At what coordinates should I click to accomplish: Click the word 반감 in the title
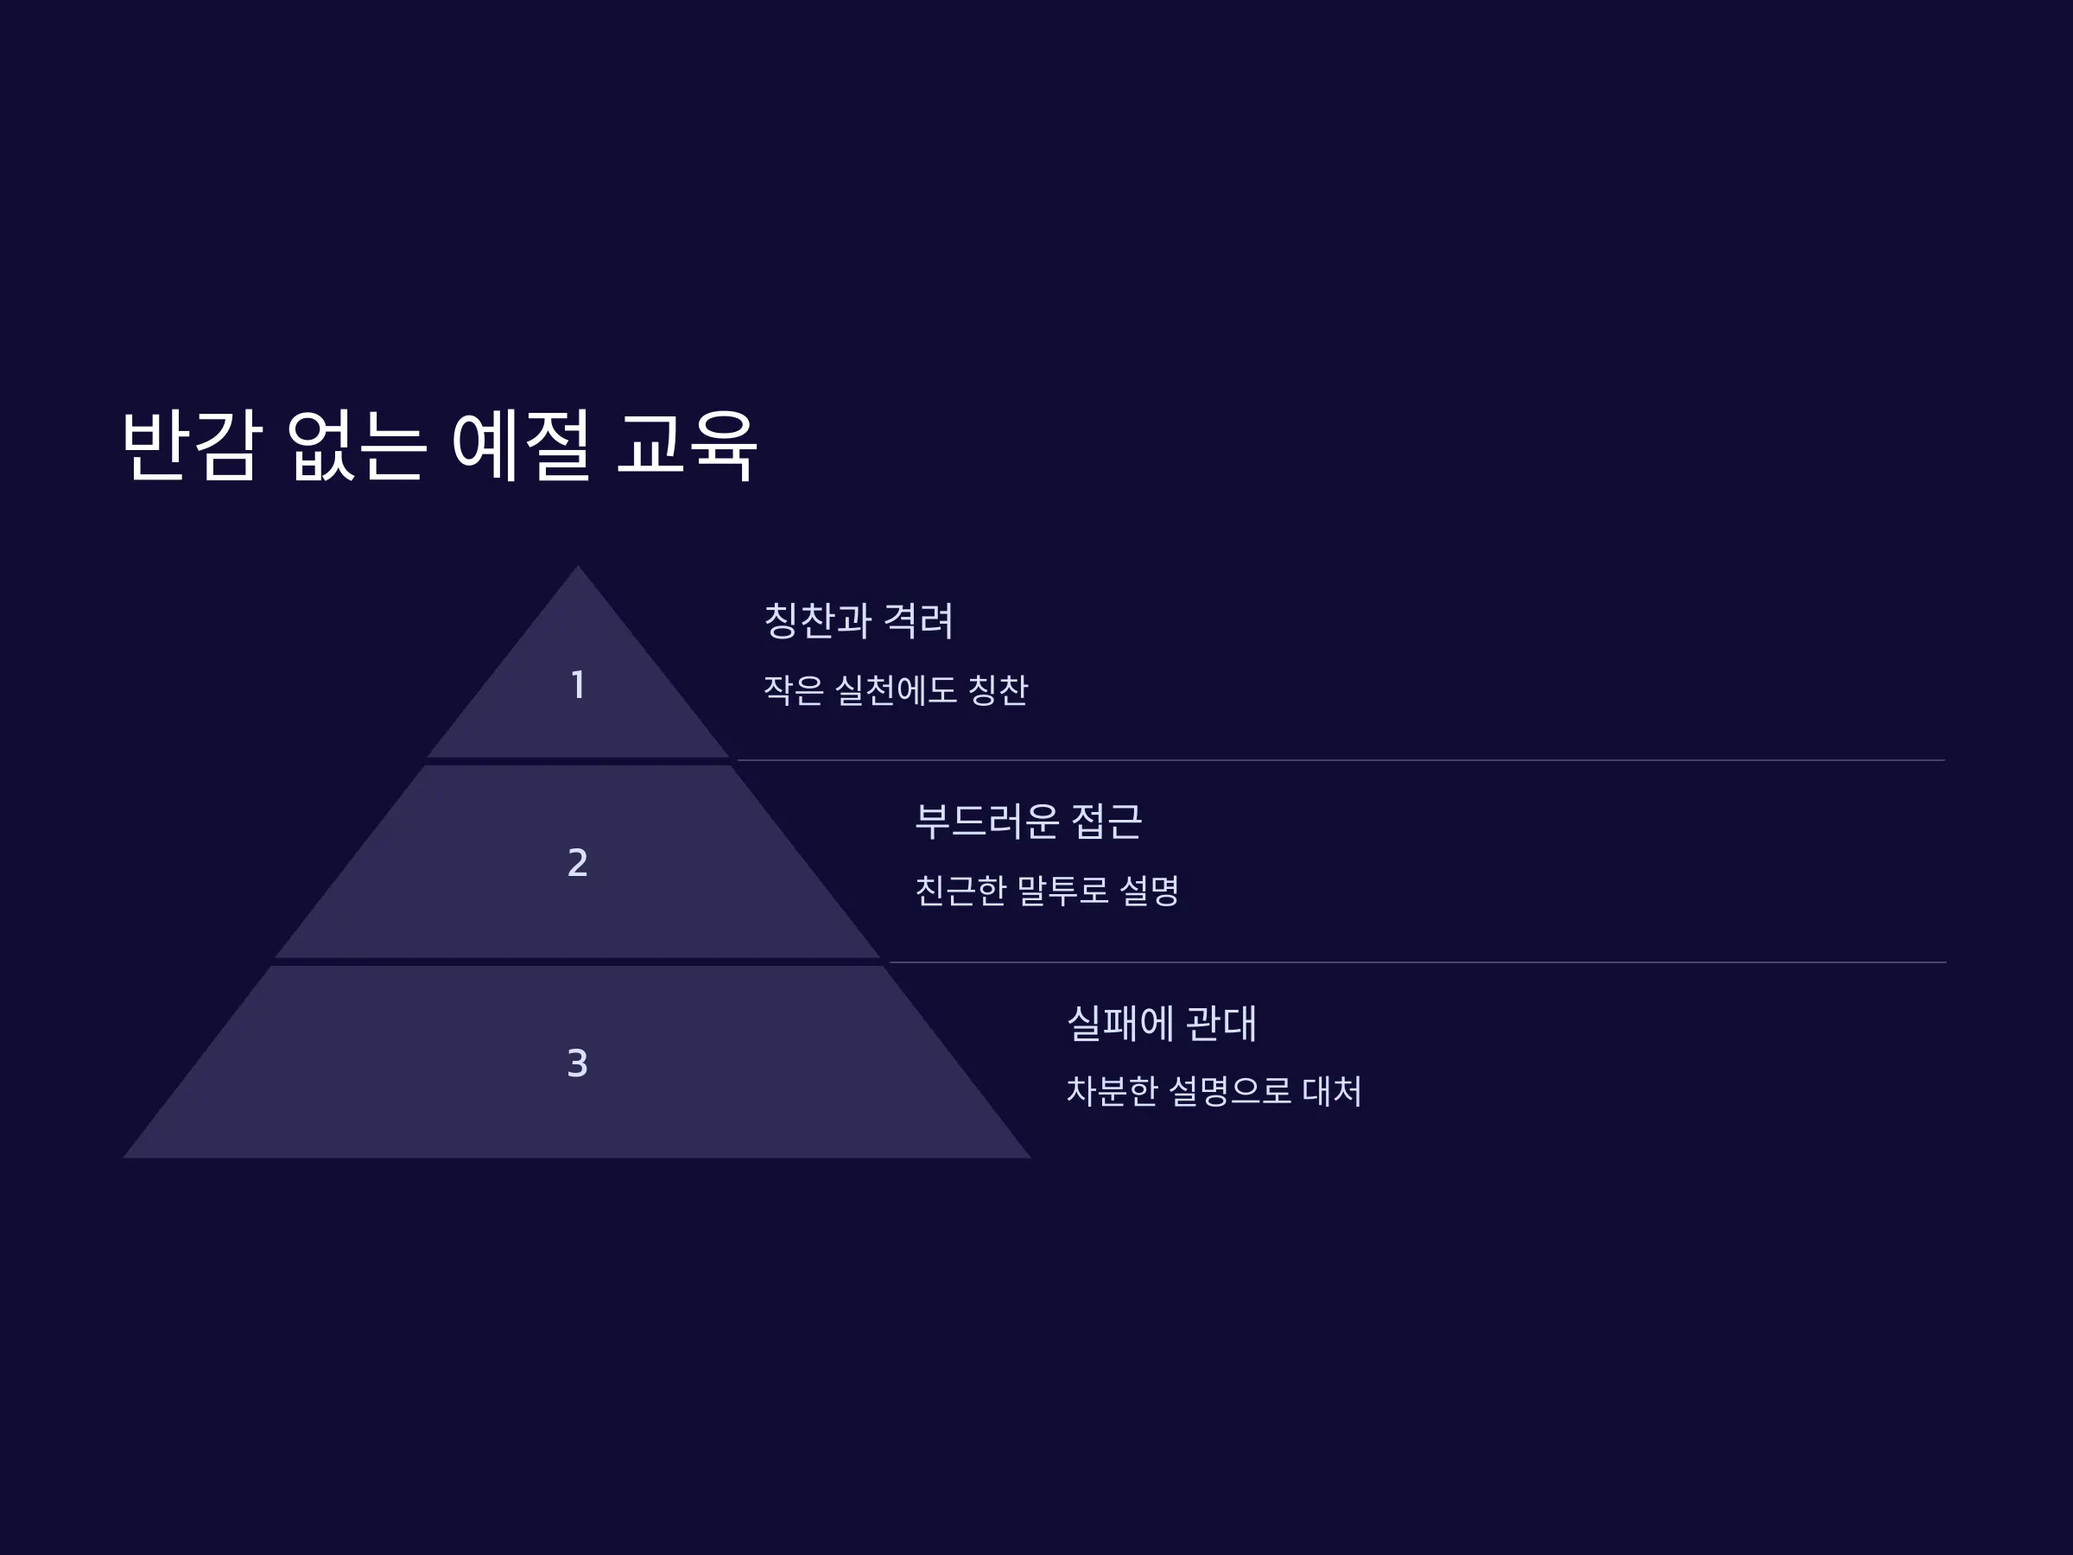click(x=189, y=445)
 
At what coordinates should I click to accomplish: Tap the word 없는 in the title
click(x=357, y=445)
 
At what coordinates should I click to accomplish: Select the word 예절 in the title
click(x=521, y=445)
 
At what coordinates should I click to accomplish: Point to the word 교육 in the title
click(x=687, y=445)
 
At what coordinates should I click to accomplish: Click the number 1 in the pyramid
click(x=578, y=685)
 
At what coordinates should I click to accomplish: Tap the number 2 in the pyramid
click(x=578, y=862)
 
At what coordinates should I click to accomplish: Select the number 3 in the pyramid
click(x=578, y=1063)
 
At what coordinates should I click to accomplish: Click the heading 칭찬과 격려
click(x=859, y=620)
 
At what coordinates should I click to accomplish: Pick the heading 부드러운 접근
click(x=1028, y=821)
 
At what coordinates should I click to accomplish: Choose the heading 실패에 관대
click(x=1162, y=1023)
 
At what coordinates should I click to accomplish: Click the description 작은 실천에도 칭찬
click(x=896, y=691)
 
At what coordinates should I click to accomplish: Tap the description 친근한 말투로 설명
click(x=1047, y=891)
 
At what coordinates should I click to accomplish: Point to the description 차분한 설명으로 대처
click(x=1214, y=1091)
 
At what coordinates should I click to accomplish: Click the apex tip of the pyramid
click(x=577, y=565)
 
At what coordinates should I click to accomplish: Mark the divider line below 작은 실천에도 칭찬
click(x=1341, y=760)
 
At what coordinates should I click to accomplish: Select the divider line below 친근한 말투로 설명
click(x=1418, y=962)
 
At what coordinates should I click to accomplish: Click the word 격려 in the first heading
click(x=918, y=620)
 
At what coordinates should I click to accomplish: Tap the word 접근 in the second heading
click(x=1106, y=821)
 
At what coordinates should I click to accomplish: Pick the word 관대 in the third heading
click(x=1222, y=1023)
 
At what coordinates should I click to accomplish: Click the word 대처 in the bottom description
click(x=1333, y=1091)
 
